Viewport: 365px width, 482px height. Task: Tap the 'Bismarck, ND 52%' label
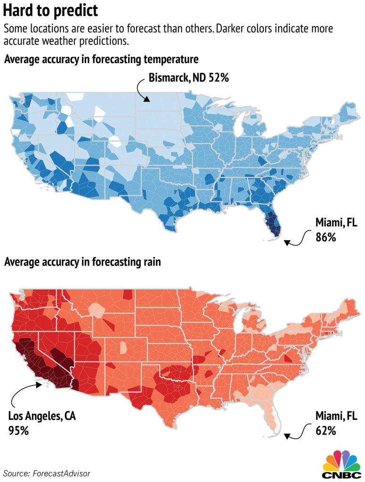pyautogui.click(x=189, y=78)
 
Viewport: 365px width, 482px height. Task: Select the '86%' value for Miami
pyautogui.click(x=325, y=238)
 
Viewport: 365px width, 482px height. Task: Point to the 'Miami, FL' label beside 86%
pyautogui.click(x=336, y=224)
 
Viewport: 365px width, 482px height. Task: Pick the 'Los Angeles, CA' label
pyautogui.click(x=42, y=416)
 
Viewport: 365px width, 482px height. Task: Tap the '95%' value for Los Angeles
pyautogui.click(x=18, y=430)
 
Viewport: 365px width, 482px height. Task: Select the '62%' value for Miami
pyautogui.click(x=325, y=430)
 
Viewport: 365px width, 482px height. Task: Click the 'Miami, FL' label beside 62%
pyautogui.click(x=336, y=416)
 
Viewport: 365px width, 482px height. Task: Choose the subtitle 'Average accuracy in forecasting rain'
pyautogui.click(x=82, y=262)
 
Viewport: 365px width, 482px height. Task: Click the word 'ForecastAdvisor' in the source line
pyautogui.click(x=62, y=473)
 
